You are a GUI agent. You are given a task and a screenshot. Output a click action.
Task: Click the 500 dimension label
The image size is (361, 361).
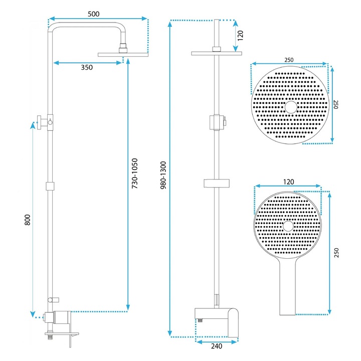coord(94,14)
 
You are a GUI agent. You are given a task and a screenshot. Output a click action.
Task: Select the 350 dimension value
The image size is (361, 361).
coord(87,69)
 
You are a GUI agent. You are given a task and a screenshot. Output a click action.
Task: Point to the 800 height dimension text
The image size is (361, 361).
coord(28,221)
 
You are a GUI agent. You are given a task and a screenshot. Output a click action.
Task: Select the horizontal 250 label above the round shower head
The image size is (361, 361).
coord(289,60)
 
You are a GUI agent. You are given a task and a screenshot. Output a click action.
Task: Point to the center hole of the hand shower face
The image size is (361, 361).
coord(288,226)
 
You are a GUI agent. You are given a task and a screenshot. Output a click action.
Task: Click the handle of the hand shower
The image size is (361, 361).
coord(287,291)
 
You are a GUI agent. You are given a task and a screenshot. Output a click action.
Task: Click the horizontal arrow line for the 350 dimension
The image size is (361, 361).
coord(88,63)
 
